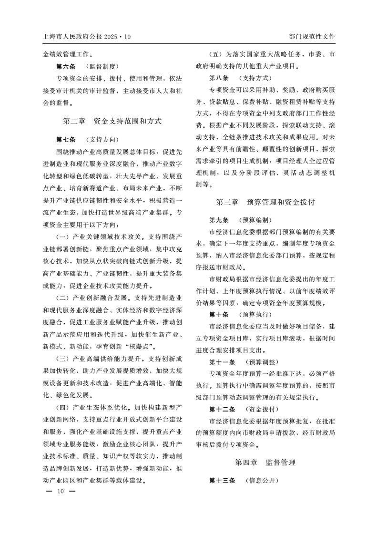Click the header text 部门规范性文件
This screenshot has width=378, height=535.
(x=312, y=36)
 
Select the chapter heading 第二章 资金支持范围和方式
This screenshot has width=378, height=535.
(x=112, y=121)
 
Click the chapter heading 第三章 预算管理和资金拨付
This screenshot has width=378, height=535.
(x=266, y=202)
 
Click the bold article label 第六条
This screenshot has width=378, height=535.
(x=66, y=66)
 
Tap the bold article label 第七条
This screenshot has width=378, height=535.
(x=66, y=140)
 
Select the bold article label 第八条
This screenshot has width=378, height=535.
(x=219, y=78)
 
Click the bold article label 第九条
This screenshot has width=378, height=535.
(x=219, y=220)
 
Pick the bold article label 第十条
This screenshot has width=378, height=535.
(x=219, y=314)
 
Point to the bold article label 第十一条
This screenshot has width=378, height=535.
(x=222, y=361)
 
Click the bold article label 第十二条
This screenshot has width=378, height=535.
(x=222, y=409)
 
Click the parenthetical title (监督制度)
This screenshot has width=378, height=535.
(x=102, y=66)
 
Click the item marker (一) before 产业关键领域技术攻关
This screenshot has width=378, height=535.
(x=63, y=237)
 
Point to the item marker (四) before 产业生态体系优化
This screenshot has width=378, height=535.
(x=63, y=408)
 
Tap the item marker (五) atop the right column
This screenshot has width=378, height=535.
(x=217, y=54)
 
